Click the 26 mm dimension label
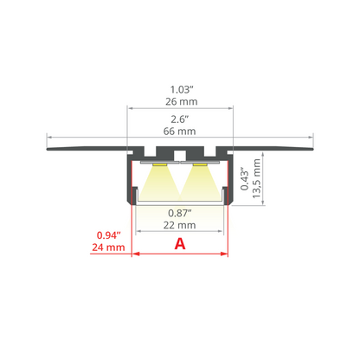point(182,101)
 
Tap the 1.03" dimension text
point(181,90)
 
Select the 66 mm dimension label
point(179,132)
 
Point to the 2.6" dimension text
point(179,119)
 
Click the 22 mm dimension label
point(179,225)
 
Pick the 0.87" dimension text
point(180,213)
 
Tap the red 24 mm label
point(108,247)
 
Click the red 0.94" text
point(108,235)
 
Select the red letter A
point(180,244)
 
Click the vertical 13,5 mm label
point(256,178)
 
